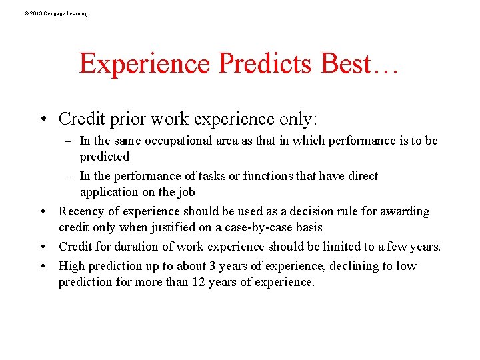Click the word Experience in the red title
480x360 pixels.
click(145, 64)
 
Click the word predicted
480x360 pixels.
click(105, 157)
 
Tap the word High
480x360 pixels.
click(72, 266)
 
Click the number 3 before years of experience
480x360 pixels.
click(212, 266)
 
